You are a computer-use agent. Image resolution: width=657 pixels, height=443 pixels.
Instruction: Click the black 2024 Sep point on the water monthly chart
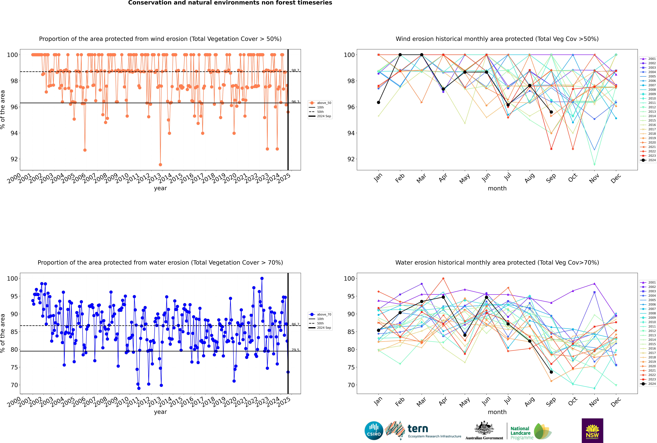tap(551, 372)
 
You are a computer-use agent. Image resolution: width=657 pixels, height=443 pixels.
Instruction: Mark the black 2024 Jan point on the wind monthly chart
tap(379, 102)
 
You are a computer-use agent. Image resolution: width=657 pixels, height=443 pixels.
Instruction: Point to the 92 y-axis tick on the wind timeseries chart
tap(14, 159)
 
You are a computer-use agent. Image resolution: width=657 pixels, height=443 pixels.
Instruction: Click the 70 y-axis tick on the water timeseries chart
tap(14, 385)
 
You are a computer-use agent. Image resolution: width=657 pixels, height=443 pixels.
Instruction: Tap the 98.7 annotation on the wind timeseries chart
tap(295, 70)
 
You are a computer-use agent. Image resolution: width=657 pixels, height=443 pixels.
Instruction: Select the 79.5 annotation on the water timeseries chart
tap(295, 350)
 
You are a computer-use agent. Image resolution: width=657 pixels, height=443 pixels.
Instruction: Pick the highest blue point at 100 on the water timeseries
tap(262, 278)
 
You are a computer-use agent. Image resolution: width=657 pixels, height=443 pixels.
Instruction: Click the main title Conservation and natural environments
tap(230, 3)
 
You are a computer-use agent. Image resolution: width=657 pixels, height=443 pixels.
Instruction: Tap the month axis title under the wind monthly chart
tap(497, 188)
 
